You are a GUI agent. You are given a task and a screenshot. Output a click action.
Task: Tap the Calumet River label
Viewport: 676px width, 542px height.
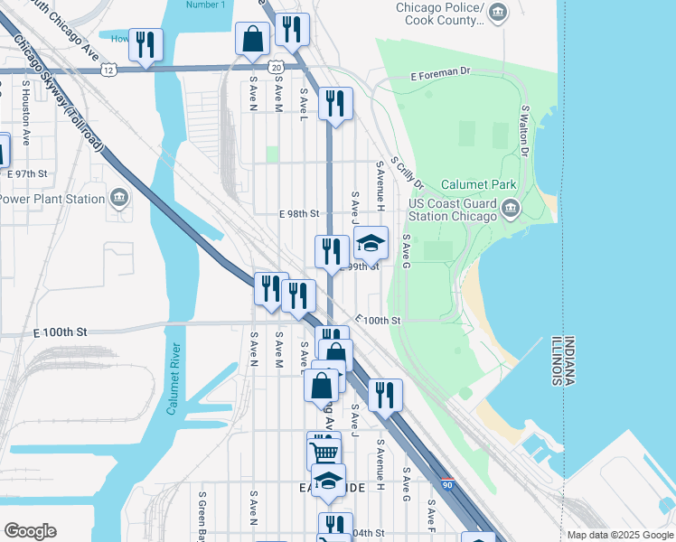[173, 378]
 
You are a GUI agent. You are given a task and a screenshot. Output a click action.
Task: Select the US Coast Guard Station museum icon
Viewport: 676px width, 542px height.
[511, 210]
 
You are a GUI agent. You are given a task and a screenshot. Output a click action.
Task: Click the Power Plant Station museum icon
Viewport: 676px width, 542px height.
[118, 199]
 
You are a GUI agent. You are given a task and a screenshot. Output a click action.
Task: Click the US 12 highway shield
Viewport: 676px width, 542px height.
[109, 69]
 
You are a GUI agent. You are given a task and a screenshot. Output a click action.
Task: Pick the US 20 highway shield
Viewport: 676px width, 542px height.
[275, 67]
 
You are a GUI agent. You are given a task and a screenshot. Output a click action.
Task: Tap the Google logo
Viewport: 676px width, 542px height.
[30, 531]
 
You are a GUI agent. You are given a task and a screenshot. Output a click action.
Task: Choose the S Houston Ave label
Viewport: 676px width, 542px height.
[27, 113]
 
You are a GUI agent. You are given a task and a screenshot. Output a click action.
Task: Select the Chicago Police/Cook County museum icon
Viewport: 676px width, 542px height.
[500, 11]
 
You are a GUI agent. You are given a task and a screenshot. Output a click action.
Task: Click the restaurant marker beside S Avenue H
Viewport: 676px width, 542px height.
[386, 394]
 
